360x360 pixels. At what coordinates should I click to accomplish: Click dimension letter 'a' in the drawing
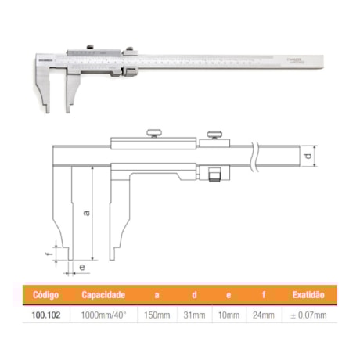tap(87, 211)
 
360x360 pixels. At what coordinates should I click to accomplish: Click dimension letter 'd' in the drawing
tap(308, 158)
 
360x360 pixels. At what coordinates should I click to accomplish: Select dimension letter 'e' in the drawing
tap(81, 266)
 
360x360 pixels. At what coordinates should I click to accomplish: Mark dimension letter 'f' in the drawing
tap(48, 252)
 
